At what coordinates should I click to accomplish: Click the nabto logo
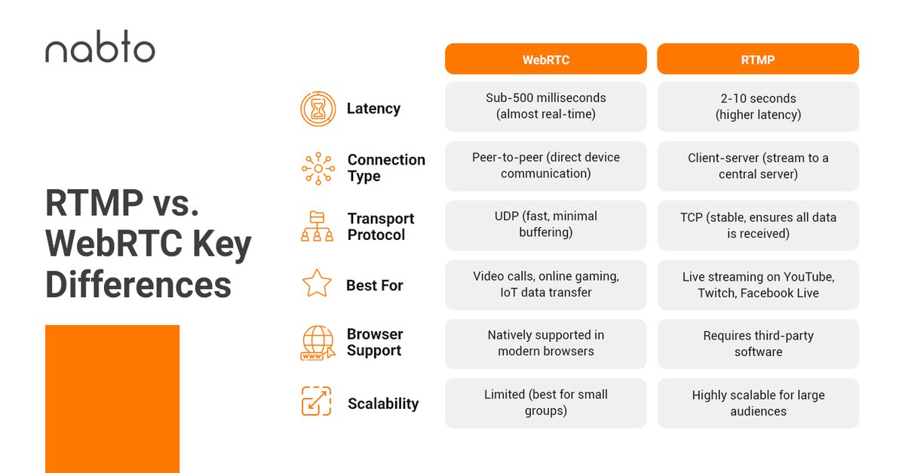pos(100,51)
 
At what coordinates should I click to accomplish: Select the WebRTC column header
pos(545,59)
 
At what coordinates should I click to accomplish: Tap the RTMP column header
pos(758,59)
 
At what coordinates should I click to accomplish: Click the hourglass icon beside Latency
pos(318,109)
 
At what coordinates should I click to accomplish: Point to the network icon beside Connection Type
pos(318,168)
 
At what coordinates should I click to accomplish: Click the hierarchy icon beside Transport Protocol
pos(318,226)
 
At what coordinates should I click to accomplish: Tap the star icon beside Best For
pos(317,285)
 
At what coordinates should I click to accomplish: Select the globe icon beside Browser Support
pos(318,344)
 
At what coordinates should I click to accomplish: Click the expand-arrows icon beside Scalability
pos(317,402)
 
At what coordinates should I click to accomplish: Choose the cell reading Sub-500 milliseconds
pos(545,106)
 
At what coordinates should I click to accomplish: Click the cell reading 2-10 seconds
pos(758,106)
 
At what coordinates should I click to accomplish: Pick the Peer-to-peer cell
pos(545,166)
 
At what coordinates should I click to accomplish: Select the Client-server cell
pos(758,166)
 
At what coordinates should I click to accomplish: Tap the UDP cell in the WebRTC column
pos(545,225)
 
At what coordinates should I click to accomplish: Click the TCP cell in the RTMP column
pos(758,225)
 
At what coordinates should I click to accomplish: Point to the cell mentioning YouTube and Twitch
pos(758,284)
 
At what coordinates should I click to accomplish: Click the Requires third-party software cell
pos(758,343)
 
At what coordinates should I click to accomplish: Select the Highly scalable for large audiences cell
pos(758,403)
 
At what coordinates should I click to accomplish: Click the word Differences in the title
pos(138,285)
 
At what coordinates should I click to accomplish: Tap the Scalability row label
pos(383,404)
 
